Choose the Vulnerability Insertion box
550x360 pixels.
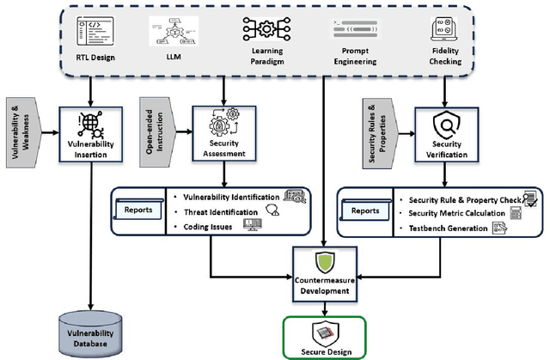89,133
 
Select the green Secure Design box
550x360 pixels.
324,338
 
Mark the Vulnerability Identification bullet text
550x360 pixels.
231,195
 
